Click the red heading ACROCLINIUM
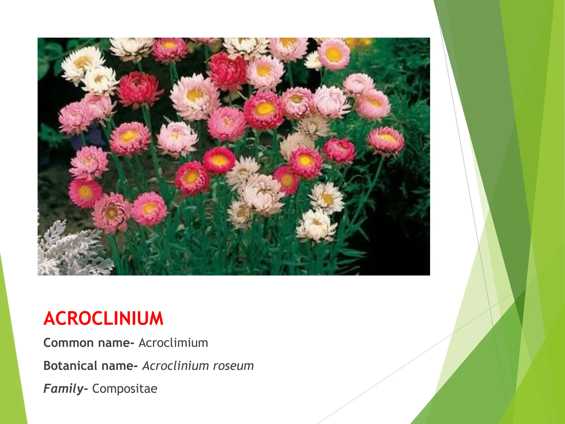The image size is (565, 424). tap(103, 318)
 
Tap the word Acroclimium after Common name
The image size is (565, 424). tap(173, 343)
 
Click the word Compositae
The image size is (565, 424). tap(125, 389)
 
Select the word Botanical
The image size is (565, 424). tap(70, 366)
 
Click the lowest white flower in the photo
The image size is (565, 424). tap(317, 225)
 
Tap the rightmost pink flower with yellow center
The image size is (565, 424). tap(386, 141)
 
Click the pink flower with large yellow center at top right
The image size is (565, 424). tap(334, 54)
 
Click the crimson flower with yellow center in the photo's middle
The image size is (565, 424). tap(264, 109)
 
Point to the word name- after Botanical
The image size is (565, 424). tap(119, 366)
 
